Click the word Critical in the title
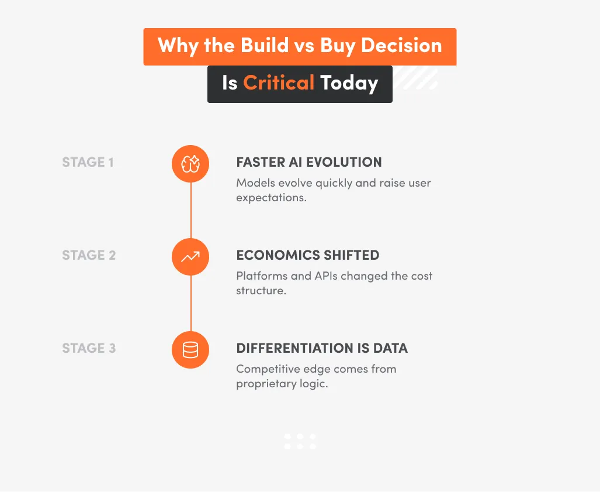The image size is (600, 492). (x=279, y=83)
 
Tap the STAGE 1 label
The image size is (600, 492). (x=88, y=162)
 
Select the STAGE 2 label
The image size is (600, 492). (x=89, y=255)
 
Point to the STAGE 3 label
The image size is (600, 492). (x=89, y=348)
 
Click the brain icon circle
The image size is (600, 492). (x=190, y=164)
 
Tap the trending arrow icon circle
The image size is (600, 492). (x=190, y=256)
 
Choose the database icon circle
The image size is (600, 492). (x=190, y=350)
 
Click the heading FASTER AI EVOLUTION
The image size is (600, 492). (x=308, y=162)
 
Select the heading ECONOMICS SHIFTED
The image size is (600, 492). (x=307, y=255)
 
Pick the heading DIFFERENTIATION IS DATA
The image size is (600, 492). (x=321, y=348)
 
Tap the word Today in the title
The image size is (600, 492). (x=349, y=83)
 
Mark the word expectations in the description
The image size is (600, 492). (x=271, y=198)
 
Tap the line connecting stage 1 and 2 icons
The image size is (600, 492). (x=190, y=210)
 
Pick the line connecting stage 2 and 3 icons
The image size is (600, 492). (x=190, y=303)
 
